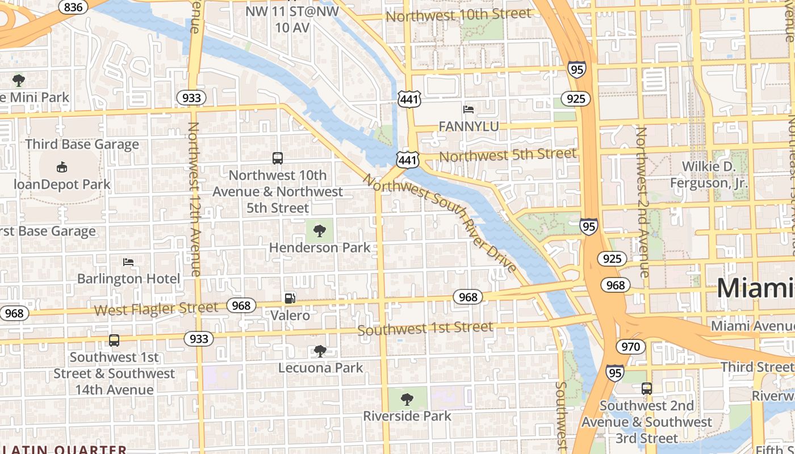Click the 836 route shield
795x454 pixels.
click(x=72, y=7)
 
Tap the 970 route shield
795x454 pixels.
click(x=630, y=347)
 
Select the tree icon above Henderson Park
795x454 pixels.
click(x=320, y=230)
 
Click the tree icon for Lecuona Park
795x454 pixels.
click(x=320, y=351)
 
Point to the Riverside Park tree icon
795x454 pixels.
click(x=407, y=400)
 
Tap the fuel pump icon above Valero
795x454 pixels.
click(x=290, y=299)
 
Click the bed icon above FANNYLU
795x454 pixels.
click(x=468, y=109)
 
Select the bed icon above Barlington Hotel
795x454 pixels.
click(x=128, y=262)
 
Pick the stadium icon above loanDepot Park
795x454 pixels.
click(x=62, y=167)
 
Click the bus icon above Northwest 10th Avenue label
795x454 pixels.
click(x=278, y=158)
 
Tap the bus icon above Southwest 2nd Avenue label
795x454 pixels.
click(x=647, y=389)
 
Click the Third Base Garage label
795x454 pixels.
click(x=82, y=144)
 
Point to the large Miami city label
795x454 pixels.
click(x=755, y=288)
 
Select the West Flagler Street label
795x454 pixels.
click(x=156, y=309)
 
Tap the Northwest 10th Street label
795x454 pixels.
click(x=458, y=14)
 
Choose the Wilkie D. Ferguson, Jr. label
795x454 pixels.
click(x=709, y=175)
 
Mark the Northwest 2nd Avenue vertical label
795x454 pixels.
click(x=642, y=202)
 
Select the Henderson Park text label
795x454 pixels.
click(x=320, y=247)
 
